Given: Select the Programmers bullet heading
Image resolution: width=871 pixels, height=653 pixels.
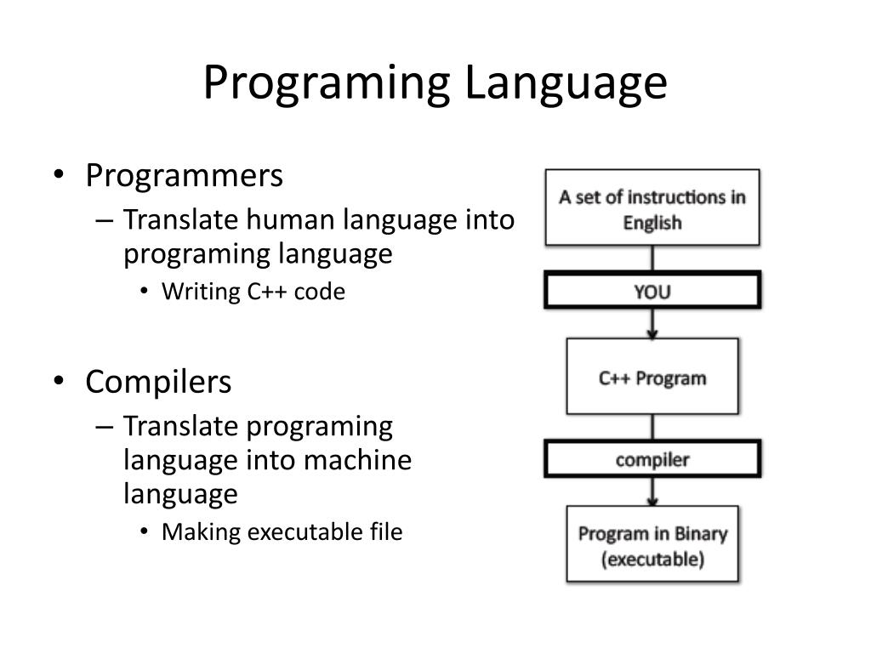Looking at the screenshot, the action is (184, 176).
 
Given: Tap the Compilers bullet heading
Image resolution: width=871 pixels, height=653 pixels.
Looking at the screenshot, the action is (158, 382).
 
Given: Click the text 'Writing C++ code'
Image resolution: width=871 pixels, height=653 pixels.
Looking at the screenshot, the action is (253, 292).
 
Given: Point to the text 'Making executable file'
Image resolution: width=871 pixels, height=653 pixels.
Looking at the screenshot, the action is (282, 532).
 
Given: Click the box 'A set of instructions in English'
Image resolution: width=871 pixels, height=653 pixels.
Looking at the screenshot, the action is (652, 209).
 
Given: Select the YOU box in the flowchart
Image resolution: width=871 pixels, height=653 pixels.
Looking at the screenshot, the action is (652, 292).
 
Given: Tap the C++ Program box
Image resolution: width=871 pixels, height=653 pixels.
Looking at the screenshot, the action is (652, 377).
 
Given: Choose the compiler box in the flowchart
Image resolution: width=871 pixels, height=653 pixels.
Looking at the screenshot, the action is (652, 460).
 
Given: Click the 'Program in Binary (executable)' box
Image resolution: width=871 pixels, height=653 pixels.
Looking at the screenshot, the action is (652, 546).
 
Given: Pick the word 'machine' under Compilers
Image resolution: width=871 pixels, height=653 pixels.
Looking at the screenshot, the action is (358, 460).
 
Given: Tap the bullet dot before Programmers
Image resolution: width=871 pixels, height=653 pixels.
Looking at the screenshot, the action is (58, 177).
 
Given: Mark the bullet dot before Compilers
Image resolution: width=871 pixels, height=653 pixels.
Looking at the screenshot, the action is (58, 383).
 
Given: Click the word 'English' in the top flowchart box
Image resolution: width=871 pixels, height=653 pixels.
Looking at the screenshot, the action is (652, 223).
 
